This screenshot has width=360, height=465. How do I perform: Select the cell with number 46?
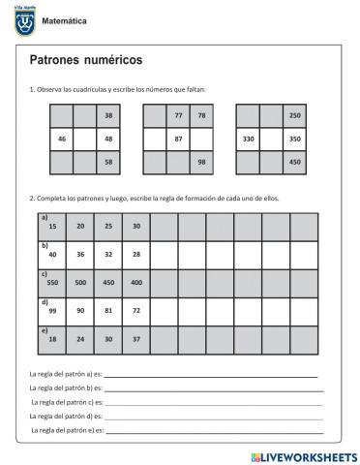click(x=62, y=139)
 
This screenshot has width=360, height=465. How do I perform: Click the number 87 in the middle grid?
click(x=178, y=139)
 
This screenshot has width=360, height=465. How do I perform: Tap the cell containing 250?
click(x=295, y=116)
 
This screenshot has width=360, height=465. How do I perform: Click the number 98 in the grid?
click(x=201, y=162)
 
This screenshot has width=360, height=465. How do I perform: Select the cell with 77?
click(x=178, y=116)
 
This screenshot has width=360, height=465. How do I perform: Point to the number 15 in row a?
click(x=53, y=226)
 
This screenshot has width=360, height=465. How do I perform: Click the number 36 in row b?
click(x=81, y=254)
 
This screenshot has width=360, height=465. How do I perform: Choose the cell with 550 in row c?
click(x=52, y=282)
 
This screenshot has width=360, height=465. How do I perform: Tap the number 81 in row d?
click(x=109, y=310)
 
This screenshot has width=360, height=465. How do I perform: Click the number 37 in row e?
click(x=136, y=338)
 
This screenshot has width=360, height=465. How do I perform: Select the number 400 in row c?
click(x=136, y=282)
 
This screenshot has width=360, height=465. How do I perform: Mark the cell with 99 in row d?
click(x=52, y=310)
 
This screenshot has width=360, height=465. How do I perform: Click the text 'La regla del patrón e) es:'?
click(x=67, y=428)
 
